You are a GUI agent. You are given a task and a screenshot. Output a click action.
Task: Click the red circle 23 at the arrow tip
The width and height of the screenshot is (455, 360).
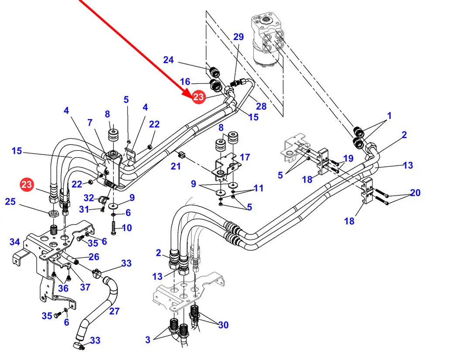(198, 97)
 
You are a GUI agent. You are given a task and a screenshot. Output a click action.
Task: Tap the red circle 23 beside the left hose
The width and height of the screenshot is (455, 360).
(27, 184)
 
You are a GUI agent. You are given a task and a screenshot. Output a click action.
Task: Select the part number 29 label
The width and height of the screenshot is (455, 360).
(238, 37)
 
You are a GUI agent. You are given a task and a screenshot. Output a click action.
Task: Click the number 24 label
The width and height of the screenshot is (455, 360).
(168, 60)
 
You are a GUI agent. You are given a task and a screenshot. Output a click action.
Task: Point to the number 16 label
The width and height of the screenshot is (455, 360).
(185, 82)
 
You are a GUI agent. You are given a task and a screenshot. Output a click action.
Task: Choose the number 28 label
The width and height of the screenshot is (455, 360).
(261, 106)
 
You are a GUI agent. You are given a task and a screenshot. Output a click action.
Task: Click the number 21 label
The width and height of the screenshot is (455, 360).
(175, 166)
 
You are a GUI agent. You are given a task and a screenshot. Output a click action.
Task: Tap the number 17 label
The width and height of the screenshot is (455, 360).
(245, 157)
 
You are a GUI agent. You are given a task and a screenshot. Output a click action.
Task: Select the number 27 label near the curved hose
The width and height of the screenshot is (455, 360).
(114, 312)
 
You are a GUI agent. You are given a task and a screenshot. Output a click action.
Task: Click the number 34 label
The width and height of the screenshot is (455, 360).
(15, 241)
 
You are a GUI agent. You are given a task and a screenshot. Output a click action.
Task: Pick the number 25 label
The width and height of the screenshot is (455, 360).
(10, 202)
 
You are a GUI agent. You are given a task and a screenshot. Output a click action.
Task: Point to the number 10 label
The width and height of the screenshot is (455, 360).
(127, 228)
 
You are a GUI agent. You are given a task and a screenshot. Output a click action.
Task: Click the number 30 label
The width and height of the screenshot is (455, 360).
(223, 325)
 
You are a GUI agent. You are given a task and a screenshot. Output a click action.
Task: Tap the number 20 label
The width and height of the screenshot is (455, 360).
(415, 192)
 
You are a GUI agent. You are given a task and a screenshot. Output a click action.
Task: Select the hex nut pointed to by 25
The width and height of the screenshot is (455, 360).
(52, 214)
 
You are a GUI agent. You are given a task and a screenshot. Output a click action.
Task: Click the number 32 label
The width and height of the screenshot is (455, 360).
(89, 198)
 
